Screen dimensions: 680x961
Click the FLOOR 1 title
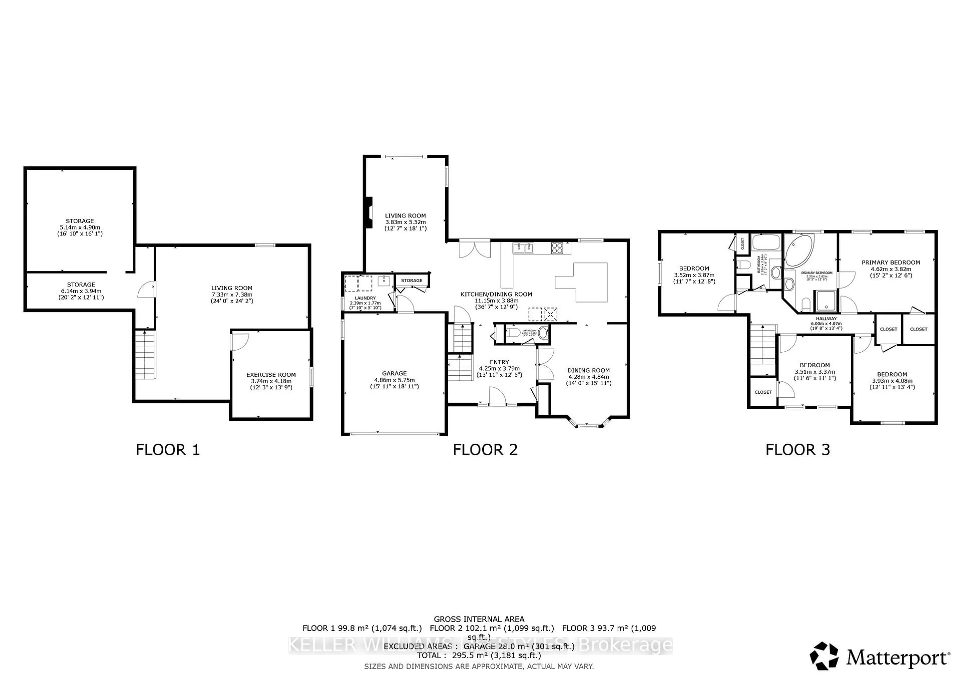168,450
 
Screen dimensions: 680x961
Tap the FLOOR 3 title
797,450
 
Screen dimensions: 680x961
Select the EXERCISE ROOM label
271,375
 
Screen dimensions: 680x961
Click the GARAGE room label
394,373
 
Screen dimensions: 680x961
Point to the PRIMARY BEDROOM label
891,263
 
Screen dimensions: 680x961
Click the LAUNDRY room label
365,298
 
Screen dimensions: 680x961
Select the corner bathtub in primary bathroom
799,250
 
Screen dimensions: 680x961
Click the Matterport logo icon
824,656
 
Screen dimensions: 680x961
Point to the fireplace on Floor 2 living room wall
368,213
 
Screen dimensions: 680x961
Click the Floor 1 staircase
145,355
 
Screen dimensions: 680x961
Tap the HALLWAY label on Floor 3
826,319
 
